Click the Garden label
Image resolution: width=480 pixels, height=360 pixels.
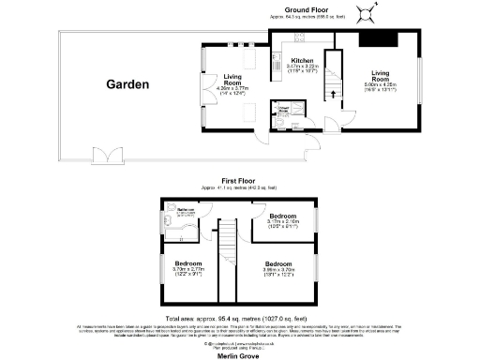click(127, 84)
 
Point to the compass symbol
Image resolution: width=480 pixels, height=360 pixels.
click(374, 12)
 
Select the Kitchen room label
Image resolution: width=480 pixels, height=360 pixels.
click(289, 60)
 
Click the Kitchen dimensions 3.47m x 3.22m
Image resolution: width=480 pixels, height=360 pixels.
click(289, 68)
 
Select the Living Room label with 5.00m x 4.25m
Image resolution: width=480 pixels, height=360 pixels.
click(381, 74)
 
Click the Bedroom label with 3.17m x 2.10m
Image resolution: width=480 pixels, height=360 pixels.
click(282, 218)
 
